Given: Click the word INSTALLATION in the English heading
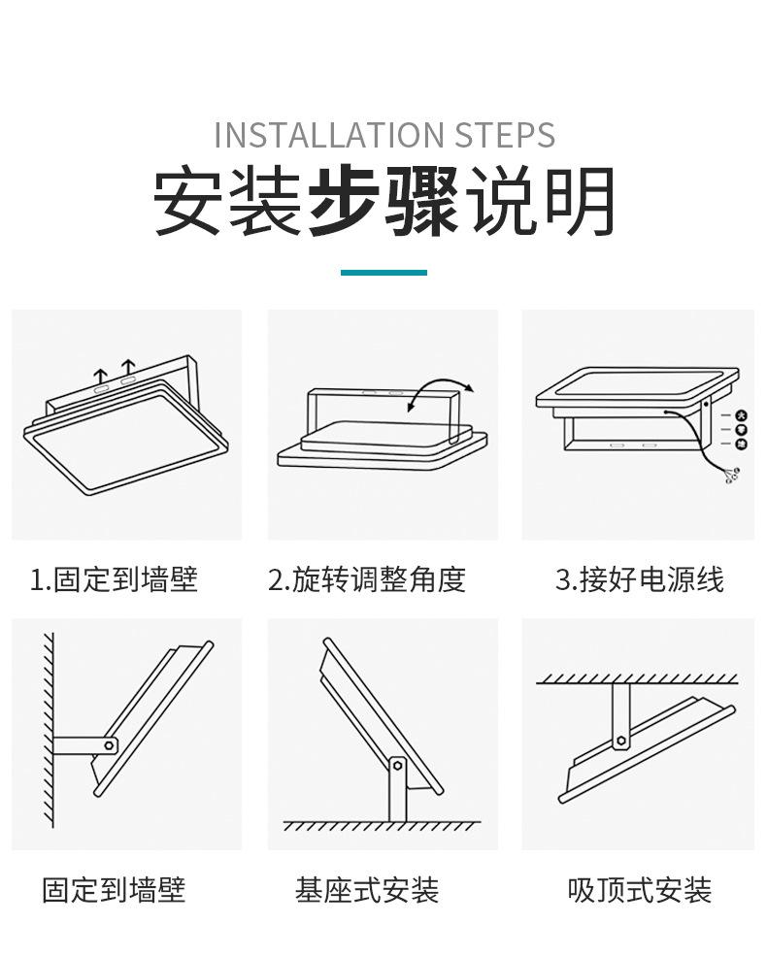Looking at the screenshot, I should coord(317,135).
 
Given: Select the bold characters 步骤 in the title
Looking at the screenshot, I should coord(383,202).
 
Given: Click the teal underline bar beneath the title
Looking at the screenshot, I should coord(383,273).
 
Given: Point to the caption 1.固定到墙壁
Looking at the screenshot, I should coord(114,579).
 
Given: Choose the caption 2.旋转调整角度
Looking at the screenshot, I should coord(367,579).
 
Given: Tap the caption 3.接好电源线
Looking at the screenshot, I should coord(639,579).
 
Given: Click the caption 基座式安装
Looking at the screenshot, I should coord(367,890).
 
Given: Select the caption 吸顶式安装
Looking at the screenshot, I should coord(639,890).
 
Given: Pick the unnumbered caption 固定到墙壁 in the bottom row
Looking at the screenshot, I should coord(114,890).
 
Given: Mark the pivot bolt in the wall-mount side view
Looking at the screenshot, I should coord(110,745).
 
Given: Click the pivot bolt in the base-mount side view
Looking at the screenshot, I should coord(396,765).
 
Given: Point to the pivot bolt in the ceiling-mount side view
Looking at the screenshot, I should coord(620,741).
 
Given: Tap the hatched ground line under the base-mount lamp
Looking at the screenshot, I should coord(382,826).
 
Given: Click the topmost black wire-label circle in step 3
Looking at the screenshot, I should coord(742,415).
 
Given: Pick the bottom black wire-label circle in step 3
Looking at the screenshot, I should coord(742,445).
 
